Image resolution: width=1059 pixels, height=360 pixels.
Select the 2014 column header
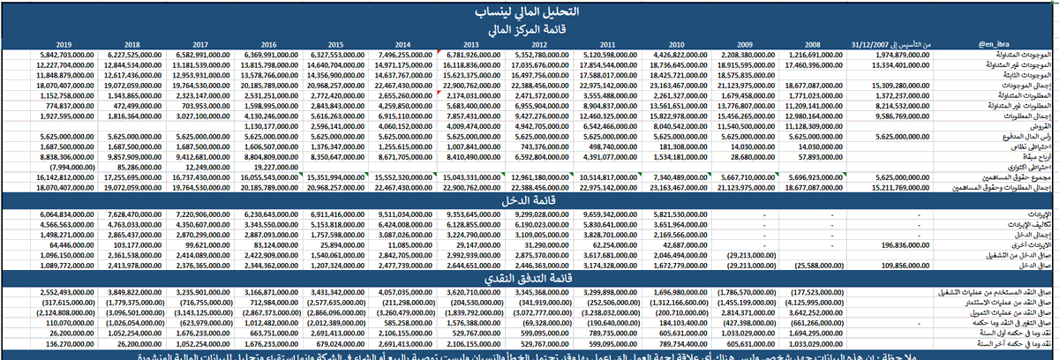[x=402, y=43]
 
